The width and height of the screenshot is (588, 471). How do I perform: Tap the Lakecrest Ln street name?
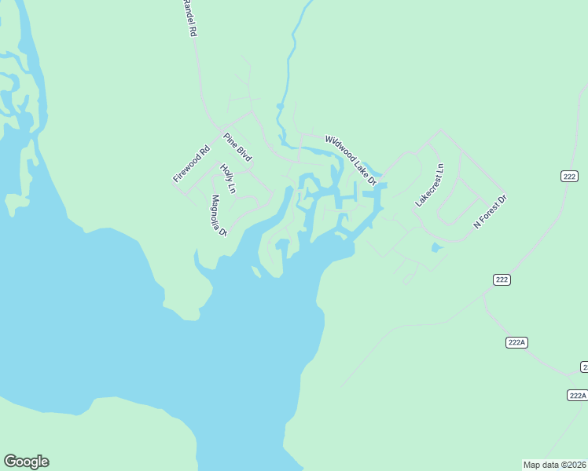430,186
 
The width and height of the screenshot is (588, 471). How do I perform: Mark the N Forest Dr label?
491,212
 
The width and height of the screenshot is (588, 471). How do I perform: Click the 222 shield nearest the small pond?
502,279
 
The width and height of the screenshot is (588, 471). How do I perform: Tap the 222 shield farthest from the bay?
570,176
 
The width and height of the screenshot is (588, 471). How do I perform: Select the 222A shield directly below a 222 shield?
516,342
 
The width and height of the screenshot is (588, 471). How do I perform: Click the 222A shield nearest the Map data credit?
577,395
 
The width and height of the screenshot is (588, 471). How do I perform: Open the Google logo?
26,462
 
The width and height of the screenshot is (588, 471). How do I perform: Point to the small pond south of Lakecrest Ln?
437,248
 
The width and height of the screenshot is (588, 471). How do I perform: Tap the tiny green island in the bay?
256,272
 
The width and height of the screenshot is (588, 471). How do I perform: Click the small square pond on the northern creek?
278,106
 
